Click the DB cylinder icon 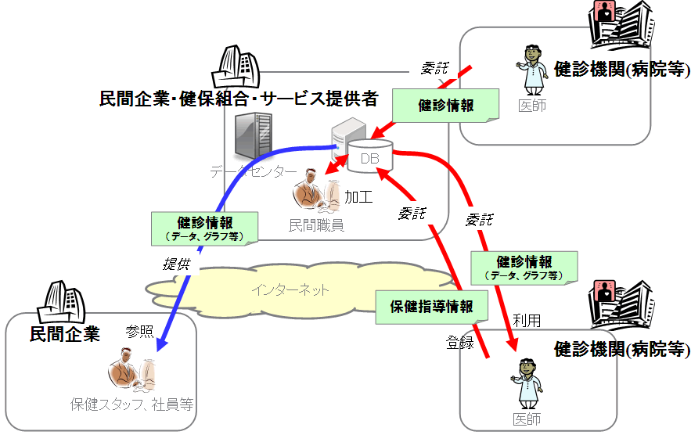(x=369, y=159)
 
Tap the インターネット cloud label (x=290, y=290)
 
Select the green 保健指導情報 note (x=431, y=306)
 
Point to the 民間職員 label (x=316, y=225)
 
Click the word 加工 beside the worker (x=358, y=196)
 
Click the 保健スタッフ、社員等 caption (x=131, y=404)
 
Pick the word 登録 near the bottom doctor (x=460, y=342)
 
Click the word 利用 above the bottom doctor (x=526, y=320)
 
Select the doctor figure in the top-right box (x=532, y=69)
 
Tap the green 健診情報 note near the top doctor (x=445, y=106)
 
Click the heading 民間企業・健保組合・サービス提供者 (x=239, y=99)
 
